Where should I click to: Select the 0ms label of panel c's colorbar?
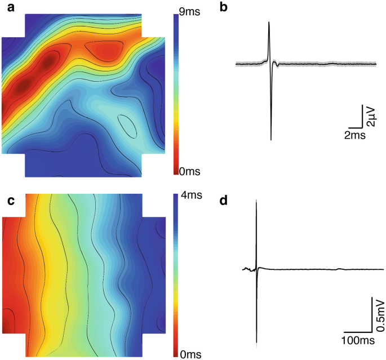192,354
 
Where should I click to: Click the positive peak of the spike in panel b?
269,22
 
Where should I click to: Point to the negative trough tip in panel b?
271,139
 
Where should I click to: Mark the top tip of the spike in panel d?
256,200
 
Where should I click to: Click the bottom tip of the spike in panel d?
257,342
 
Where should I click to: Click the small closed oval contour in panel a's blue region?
127,126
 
